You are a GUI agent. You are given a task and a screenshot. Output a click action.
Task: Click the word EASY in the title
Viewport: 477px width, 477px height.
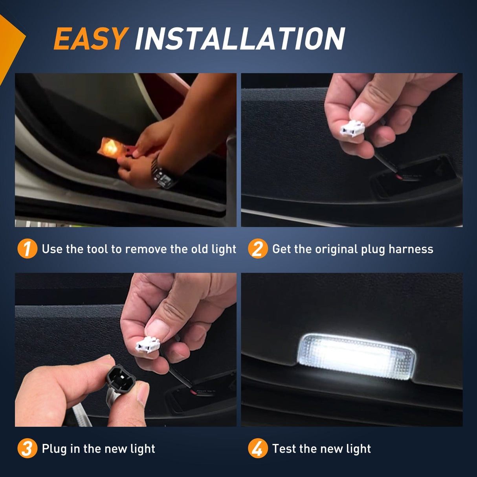90,39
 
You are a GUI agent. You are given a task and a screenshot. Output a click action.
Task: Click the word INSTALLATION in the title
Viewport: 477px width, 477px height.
240,39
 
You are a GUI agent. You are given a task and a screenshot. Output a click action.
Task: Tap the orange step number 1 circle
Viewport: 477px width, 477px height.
27,249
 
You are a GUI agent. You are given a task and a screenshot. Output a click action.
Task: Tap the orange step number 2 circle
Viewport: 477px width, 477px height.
257,249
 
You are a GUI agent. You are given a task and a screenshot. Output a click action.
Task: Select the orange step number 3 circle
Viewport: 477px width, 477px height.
27,448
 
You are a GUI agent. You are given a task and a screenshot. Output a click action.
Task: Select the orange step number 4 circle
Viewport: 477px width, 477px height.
257,448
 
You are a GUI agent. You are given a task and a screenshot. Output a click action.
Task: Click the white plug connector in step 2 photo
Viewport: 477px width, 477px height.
352,129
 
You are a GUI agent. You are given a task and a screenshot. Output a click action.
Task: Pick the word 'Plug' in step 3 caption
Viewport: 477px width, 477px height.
54,449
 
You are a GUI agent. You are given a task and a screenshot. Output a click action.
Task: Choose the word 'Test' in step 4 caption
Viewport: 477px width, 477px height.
284,449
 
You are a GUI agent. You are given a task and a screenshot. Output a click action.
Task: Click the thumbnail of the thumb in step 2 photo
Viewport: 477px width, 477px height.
362,112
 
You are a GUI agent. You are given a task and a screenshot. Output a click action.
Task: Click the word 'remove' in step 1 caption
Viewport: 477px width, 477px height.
146,249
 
